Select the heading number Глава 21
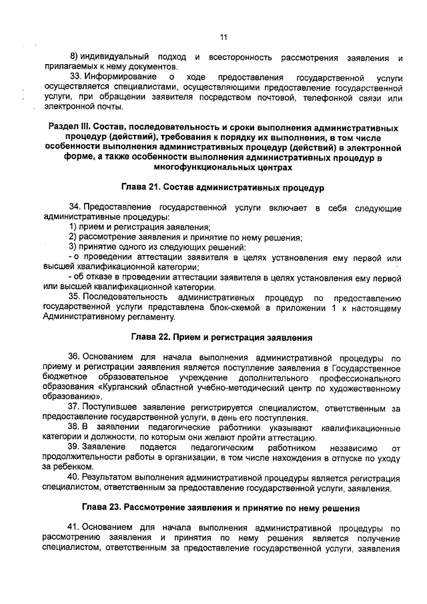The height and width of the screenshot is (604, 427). [141, 188]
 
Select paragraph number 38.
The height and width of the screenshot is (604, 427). [75, 424]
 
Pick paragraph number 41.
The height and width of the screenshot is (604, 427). [75, 527]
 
